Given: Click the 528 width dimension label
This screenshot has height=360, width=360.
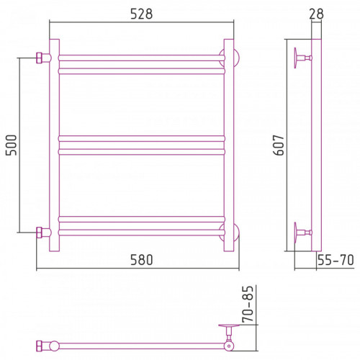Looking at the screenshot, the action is click(x=141, y=14).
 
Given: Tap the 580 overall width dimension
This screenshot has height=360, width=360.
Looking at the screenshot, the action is click(x=141, y=260).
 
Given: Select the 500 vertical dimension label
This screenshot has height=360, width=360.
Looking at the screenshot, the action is click(x=12, y=145).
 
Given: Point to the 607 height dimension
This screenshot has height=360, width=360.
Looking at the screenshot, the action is click(x=279, y=145).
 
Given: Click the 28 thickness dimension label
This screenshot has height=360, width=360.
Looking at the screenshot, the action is click(x=316, y=14).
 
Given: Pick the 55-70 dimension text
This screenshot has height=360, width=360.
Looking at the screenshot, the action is click(x=336, y=260).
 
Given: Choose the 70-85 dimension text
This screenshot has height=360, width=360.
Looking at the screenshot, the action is click(x=248, y=304).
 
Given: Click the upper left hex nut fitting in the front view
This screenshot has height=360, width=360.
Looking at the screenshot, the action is click(x=39, y=58).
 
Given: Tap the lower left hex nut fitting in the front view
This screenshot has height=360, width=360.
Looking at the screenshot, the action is click(x=39, y=233).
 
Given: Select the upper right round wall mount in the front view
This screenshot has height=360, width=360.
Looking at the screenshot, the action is click(x=236, y=58).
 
